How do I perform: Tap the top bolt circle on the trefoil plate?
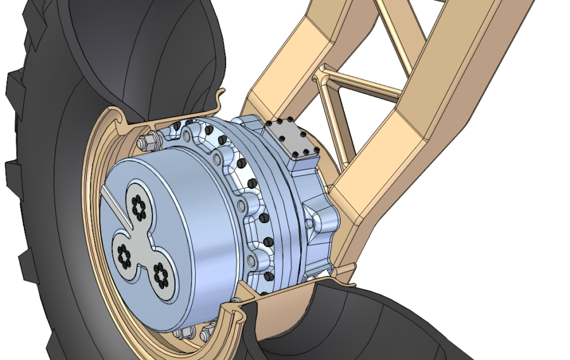137,204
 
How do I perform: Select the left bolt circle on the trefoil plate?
123,255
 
